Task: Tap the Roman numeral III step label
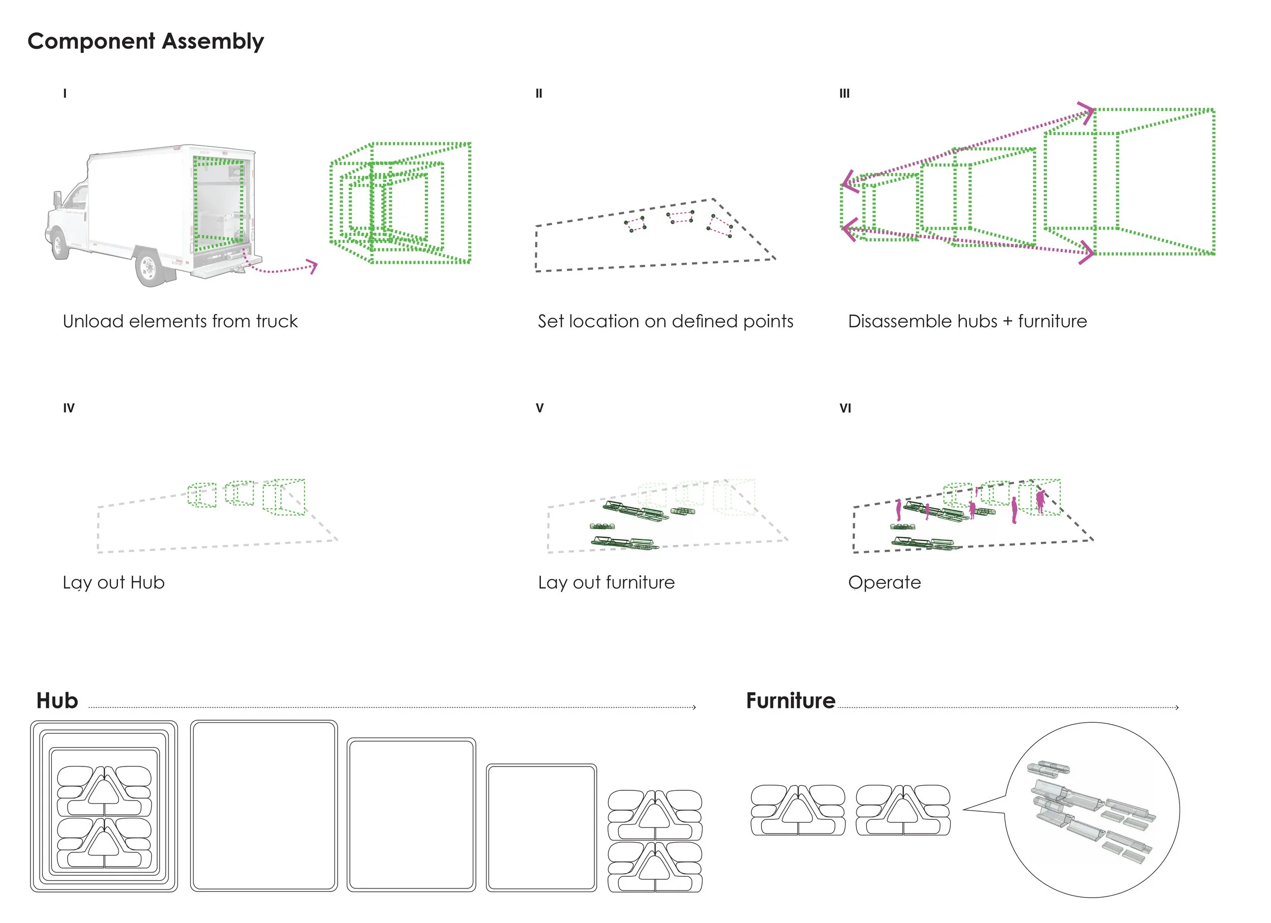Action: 844,94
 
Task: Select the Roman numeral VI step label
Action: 845,408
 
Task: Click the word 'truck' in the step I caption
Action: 277,321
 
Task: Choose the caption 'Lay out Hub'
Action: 114,583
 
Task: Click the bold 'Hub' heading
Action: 57,700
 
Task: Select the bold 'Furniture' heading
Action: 791,700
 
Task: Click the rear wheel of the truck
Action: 149,269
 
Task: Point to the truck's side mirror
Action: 56,199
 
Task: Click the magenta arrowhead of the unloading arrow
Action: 312,266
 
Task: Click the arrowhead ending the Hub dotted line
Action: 694,707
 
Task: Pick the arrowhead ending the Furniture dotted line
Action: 1177,707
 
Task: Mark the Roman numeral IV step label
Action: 68,408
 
